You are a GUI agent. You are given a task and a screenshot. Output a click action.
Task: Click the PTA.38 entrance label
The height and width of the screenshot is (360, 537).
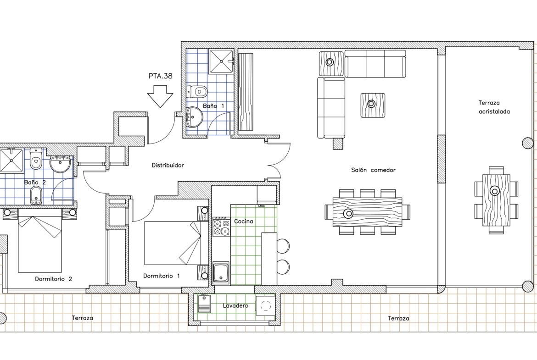click(160, 76)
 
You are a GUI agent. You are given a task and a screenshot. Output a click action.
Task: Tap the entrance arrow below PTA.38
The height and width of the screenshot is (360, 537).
click(160, 96)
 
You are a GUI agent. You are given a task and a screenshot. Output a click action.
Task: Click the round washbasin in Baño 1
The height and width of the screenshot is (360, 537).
click(195, 117)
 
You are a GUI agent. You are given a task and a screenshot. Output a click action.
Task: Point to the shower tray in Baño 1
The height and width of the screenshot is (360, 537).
click(222, 61)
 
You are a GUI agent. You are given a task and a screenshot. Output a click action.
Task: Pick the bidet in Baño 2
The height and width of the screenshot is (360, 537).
click(36, 195)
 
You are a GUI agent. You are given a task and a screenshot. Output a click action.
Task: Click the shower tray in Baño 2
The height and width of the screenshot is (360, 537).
click(11, 160)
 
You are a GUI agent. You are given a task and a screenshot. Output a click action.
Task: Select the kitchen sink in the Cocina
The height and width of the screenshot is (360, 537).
click(221, 273)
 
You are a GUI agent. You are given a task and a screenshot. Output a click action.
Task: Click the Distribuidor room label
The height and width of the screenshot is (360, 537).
click(168, 165)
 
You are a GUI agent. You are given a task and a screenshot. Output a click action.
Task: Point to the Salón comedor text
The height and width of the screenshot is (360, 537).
click(373, 170)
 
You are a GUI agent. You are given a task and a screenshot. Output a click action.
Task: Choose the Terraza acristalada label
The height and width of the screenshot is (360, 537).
click(494, 107)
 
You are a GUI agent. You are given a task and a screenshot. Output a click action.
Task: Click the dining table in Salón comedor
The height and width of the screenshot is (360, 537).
click(368, 212)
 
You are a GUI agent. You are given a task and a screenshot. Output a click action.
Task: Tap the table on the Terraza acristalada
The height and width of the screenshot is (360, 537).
click(496, 200)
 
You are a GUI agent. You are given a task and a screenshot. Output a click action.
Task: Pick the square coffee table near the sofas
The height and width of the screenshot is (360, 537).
click(373, 105)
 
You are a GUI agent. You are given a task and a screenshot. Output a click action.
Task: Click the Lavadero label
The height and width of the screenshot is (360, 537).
click(235, 305)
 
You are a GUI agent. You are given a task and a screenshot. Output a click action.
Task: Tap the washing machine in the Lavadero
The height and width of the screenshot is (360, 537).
click(265, 305)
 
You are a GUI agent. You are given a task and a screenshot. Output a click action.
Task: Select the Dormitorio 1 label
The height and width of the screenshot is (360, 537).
click(161, 276)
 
